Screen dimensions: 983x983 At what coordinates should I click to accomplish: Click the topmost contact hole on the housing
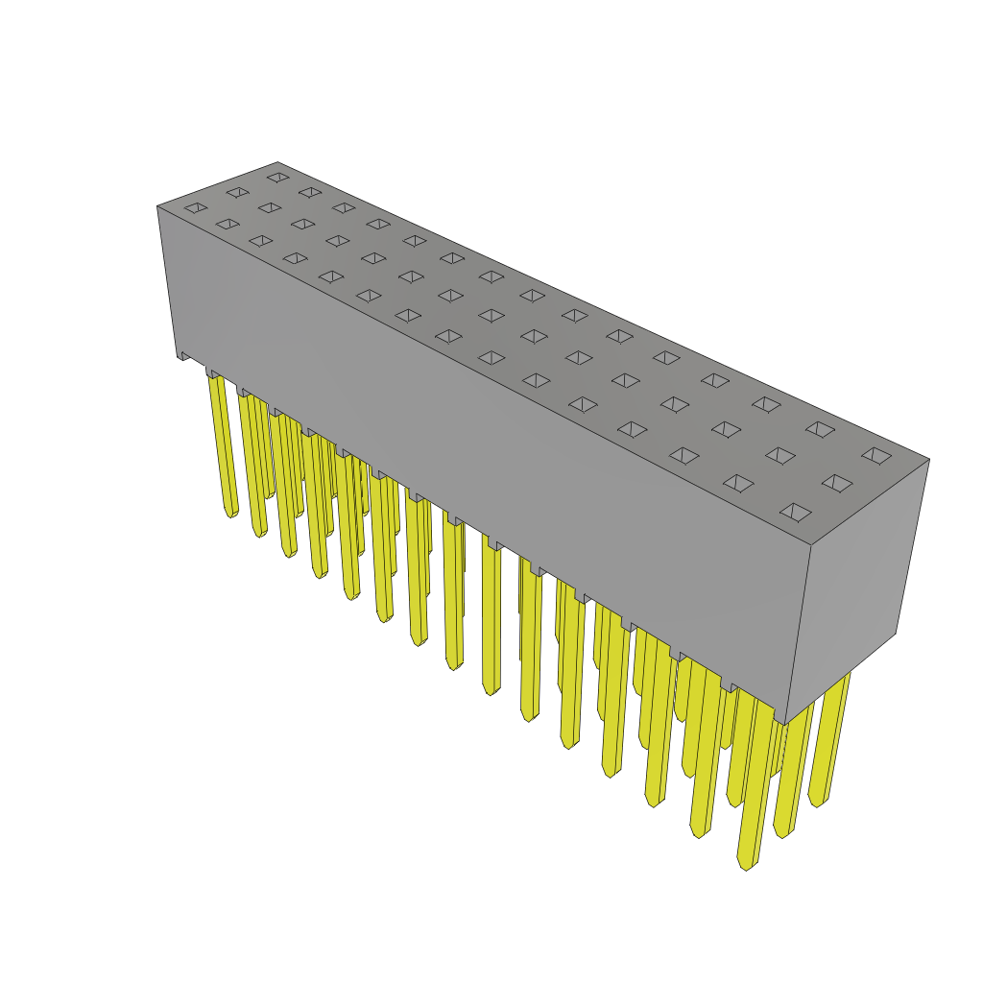click(277, 177)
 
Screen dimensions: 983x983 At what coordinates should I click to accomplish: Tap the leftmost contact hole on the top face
click(196, 207)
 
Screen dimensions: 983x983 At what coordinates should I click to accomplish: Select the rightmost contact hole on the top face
click(876, 455)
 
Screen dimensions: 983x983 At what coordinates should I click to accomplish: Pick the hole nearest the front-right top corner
click(796, 512)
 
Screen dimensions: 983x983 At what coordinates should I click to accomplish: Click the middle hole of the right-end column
click(837, 483)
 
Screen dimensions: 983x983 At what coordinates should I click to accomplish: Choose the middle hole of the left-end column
click(237, 192)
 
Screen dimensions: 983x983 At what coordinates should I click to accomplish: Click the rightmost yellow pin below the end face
click(831, 739)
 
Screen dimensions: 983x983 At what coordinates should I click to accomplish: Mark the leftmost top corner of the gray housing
click(158, 207)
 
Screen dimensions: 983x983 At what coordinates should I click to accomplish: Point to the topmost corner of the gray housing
click(277, 162)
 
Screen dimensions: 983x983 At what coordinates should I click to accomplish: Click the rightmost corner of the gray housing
click(928, 460)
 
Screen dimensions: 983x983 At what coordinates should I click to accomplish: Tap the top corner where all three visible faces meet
click(811, 545)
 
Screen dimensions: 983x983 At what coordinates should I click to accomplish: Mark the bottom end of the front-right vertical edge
click(784, 722)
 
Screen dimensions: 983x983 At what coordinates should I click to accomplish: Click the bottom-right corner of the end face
click(896, 633)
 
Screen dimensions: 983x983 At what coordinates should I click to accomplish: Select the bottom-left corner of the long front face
click(177, 355)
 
